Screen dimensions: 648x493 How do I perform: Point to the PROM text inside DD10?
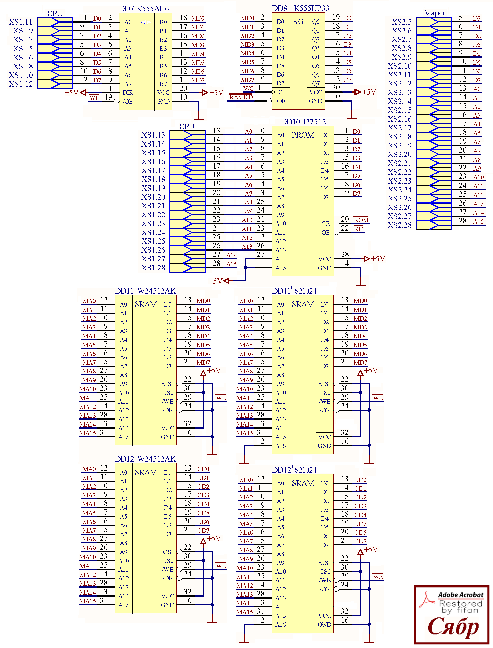tap(303, 135)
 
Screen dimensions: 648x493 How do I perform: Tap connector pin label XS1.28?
tap(153, 268)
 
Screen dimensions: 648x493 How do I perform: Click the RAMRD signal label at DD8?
tap(241, 97)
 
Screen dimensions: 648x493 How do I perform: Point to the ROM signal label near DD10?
tap(361, 220)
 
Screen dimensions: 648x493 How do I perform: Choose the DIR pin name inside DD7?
tap(128, 93)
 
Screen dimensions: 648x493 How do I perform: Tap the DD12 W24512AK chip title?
tap(145, 459)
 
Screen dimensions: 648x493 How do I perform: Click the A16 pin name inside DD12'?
tap(280, 625)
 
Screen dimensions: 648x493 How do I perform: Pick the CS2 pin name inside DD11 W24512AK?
tap(168, 393)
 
